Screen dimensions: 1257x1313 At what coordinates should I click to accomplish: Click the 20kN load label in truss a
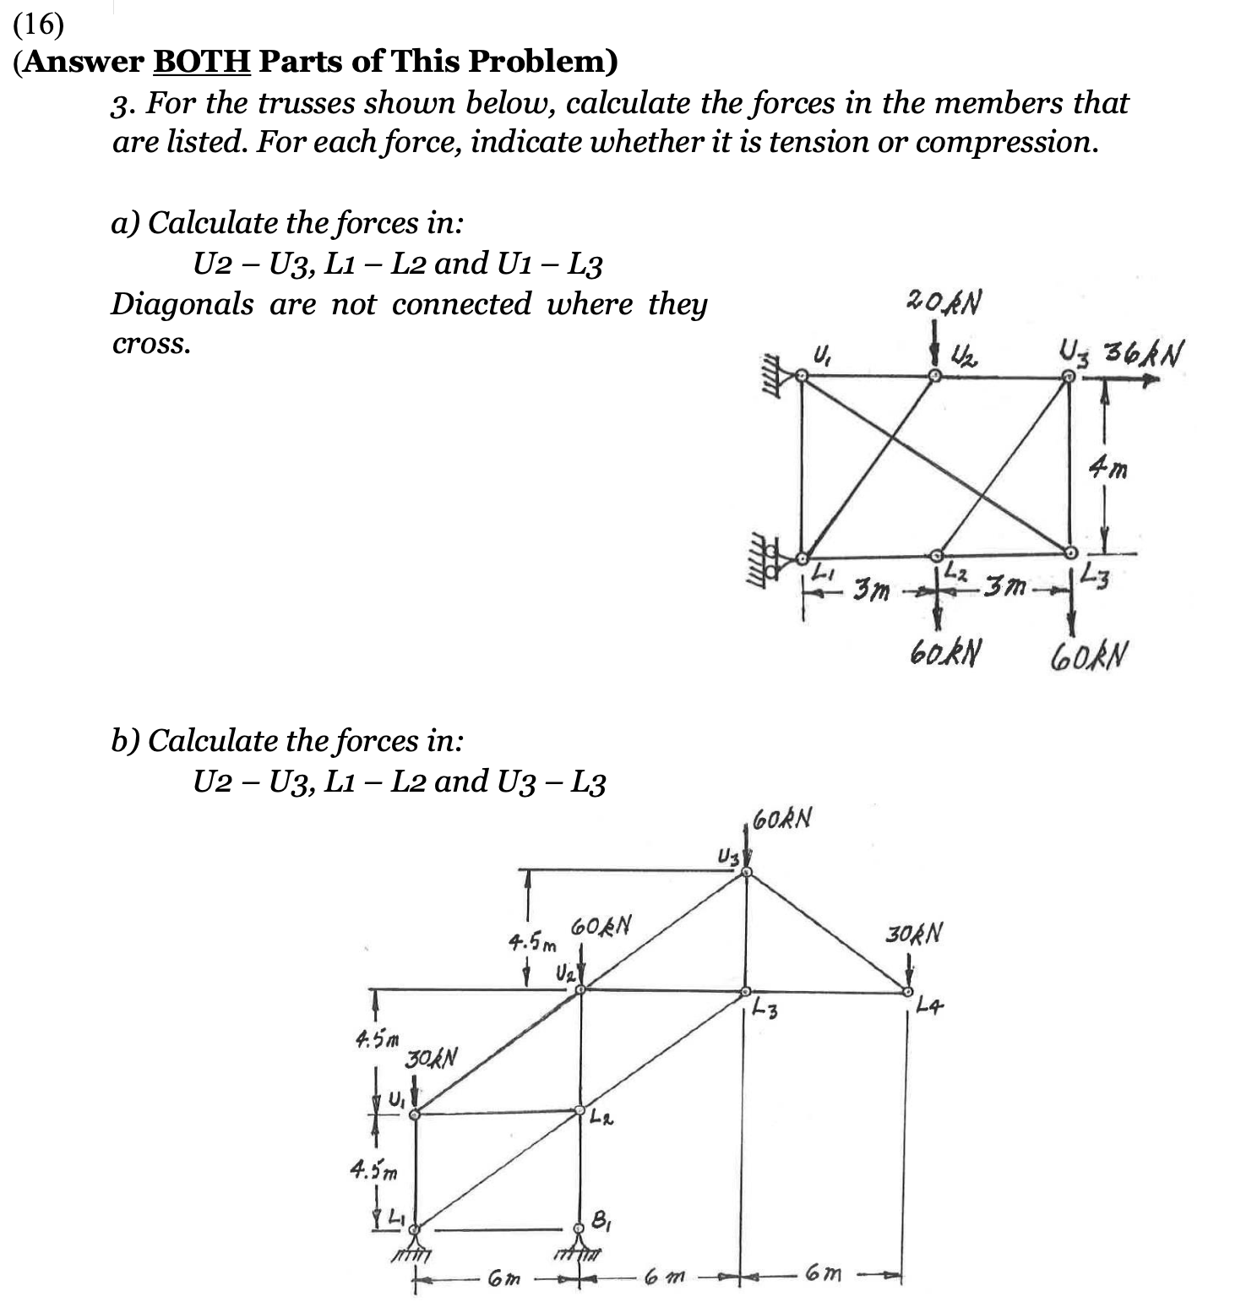pos(944,302)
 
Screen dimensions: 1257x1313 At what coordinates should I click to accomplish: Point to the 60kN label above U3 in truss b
pos(781,818)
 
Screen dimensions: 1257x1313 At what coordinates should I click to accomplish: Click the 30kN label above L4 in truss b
pos(913,934)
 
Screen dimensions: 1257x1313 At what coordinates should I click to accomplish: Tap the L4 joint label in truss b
pos(930,1005)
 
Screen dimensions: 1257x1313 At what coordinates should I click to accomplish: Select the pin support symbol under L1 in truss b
pos(412,1246)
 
